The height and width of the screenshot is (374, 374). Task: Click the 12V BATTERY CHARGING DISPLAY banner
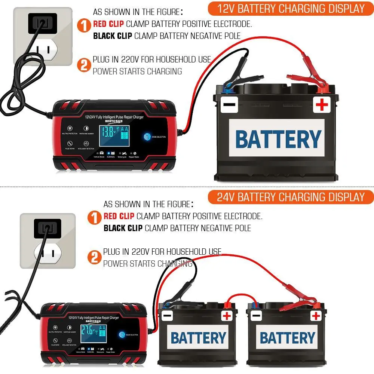coord(291,9)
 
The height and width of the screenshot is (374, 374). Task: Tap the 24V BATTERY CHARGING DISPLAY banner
coord(291,197)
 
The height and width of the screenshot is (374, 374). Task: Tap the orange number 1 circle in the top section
coord(84,26)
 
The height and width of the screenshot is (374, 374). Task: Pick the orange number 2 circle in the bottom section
coord(94,258)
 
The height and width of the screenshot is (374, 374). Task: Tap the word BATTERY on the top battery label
coord(278,140)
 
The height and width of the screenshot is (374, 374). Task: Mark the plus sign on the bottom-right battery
coord(316,316)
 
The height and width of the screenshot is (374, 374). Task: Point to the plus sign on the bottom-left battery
coord(227,316)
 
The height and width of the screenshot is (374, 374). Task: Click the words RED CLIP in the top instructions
coord(108,25)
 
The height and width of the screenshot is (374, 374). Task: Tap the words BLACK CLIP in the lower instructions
coord(123,228)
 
